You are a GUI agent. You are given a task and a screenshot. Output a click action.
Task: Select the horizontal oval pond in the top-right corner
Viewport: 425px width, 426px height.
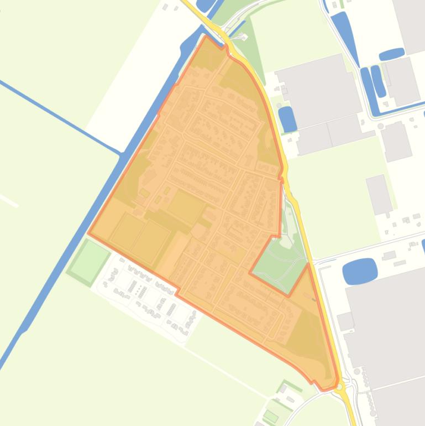tap(392, 54)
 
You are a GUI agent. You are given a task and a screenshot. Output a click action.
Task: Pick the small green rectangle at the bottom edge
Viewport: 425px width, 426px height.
tap(271, 416)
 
